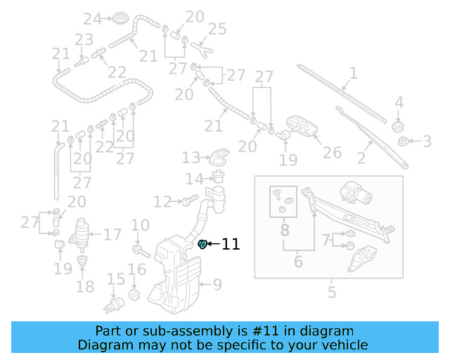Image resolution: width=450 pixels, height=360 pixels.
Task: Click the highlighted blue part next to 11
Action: click(x=202, y=245)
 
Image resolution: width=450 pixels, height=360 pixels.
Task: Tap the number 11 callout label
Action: click(x=231, y=245)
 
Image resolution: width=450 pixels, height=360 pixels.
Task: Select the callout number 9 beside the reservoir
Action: click(x=217, y=285)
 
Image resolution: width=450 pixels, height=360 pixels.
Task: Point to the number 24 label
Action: click(x=92, y=18)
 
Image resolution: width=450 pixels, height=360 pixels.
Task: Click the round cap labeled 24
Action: click(x=120, y=18)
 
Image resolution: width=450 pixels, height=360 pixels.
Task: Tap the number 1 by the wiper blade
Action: click(x=353, y=72)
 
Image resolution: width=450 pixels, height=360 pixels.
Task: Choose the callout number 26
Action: click(x=332, y=152)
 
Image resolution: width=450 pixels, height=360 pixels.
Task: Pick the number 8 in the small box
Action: click(x=285, y=230)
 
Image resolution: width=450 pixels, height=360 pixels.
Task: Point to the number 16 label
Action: click(x=136, y=269)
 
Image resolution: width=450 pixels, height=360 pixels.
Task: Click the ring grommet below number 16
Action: click(x=136, y=292)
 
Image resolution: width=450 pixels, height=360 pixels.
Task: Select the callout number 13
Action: click(x=191, y=157)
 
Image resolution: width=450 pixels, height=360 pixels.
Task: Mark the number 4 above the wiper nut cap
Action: click(x=399, y=104)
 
